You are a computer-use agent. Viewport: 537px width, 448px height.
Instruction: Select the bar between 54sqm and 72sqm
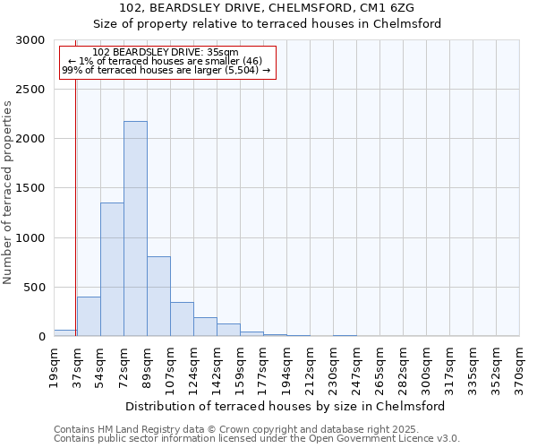pyautogui.click(x=112, y=269)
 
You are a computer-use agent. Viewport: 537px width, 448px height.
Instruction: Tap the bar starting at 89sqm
pyautogui.click(x=158, y=296)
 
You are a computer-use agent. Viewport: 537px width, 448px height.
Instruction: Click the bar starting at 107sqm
pyautogui.click(x=182, y=319)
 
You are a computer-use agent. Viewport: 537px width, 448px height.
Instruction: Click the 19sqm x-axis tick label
pyautogui.click(x=55, y=366)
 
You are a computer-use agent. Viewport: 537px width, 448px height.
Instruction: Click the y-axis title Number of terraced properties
pyautogui.click(x=8, y=193)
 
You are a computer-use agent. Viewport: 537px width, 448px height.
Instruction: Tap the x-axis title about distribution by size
pyautogui.click(x=286, y=406)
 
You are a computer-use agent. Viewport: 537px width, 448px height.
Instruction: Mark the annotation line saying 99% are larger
pyautogui.click(x=166, y=70)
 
